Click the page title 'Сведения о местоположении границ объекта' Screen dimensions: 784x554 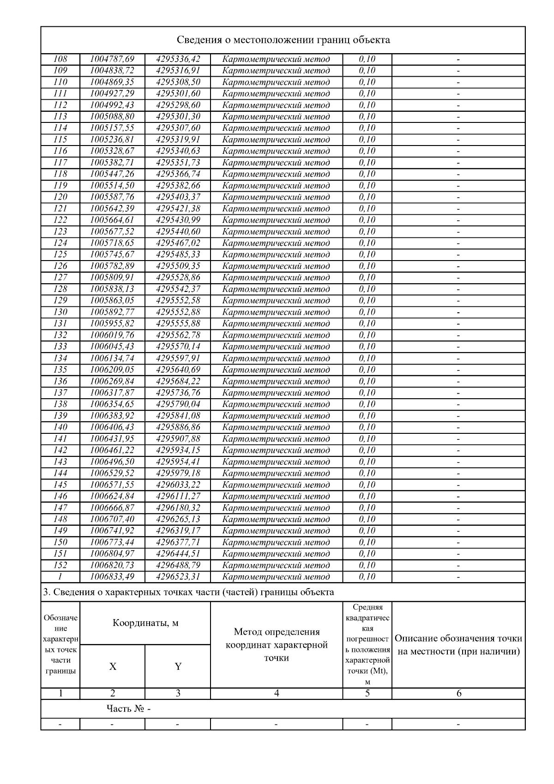pyautogui.click(x=283, y=40)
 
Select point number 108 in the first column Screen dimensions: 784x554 pyautogui.click(x=60, y=59)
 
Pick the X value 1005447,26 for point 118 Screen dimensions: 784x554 pyautogui.click(x=112, y=174)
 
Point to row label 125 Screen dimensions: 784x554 pyautogui.click(x=60, y=255)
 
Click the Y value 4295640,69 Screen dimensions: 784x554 pyautogui.click(x=178, y=370)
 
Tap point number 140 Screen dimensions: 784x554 pyautogui.click(x=60, y=427)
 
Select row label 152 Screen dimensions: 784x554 pyautogui.click(x=60, y=565)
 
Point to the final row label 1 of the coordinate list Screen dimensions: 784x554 pyautogui.click(x=60, y=577)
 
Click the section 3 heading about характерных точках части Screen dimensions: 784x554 pyautogui.click(x=188, y=592)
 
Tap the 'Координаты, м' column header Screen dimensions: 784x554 pyautogui.click(x=145, y=623)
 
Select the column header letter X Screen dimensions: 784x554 pyautogui.click(x=113, y=666)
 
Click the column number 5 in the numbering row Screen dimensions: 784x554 pyautogui.click(x=367, y=693)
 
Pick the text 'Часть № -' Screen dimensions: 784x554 pyautogui.click(x=128, y=708)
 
